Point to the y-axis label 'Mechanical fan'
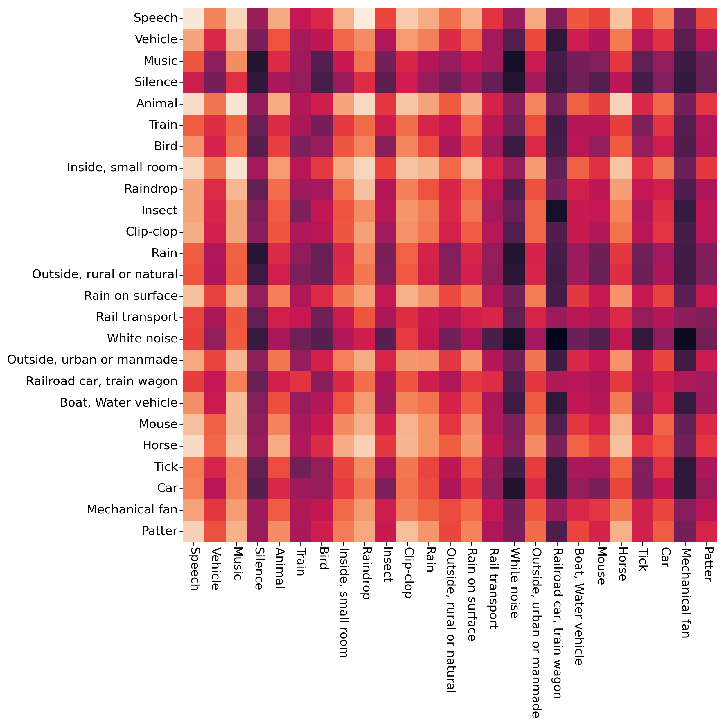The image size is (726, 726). coord(132,510)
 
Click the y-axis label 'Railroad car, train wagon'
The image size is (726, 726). coord(101,381)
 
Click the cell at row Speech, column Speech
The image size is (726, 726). coord(193,18)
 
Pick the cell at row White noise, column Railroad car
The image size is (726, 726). coord(557,339)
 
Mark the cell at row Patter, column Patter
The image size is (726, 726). coord(707,531)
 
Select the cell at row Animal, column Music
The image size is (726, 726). coord(236,104)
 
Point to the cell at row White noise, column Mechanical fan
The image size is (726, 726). coord(685,339)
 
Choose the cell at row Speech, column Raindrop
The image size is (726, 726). coord(364,18)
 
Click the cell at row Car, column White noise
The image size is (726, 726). coord(514,488)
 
